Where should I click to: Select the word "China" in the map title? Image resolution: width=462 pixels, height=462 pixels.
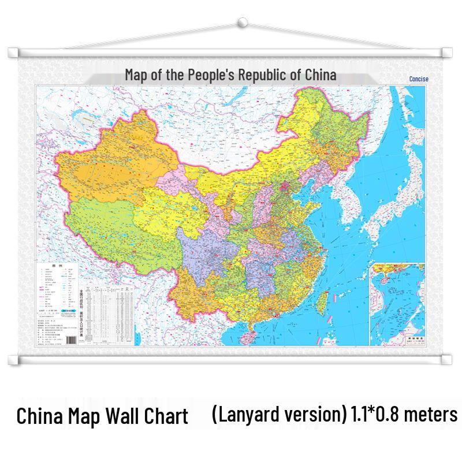320,75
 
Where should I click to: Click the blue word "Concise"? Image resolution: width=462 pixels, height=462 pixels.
418,80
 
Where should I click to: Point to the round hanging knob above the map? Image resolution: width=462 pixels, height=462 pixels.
243,24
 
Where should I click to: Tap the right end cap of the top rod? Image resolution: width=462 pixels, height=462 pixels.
446,53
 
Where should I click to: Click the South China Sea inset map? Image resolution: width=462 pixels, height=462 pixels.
399,303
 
